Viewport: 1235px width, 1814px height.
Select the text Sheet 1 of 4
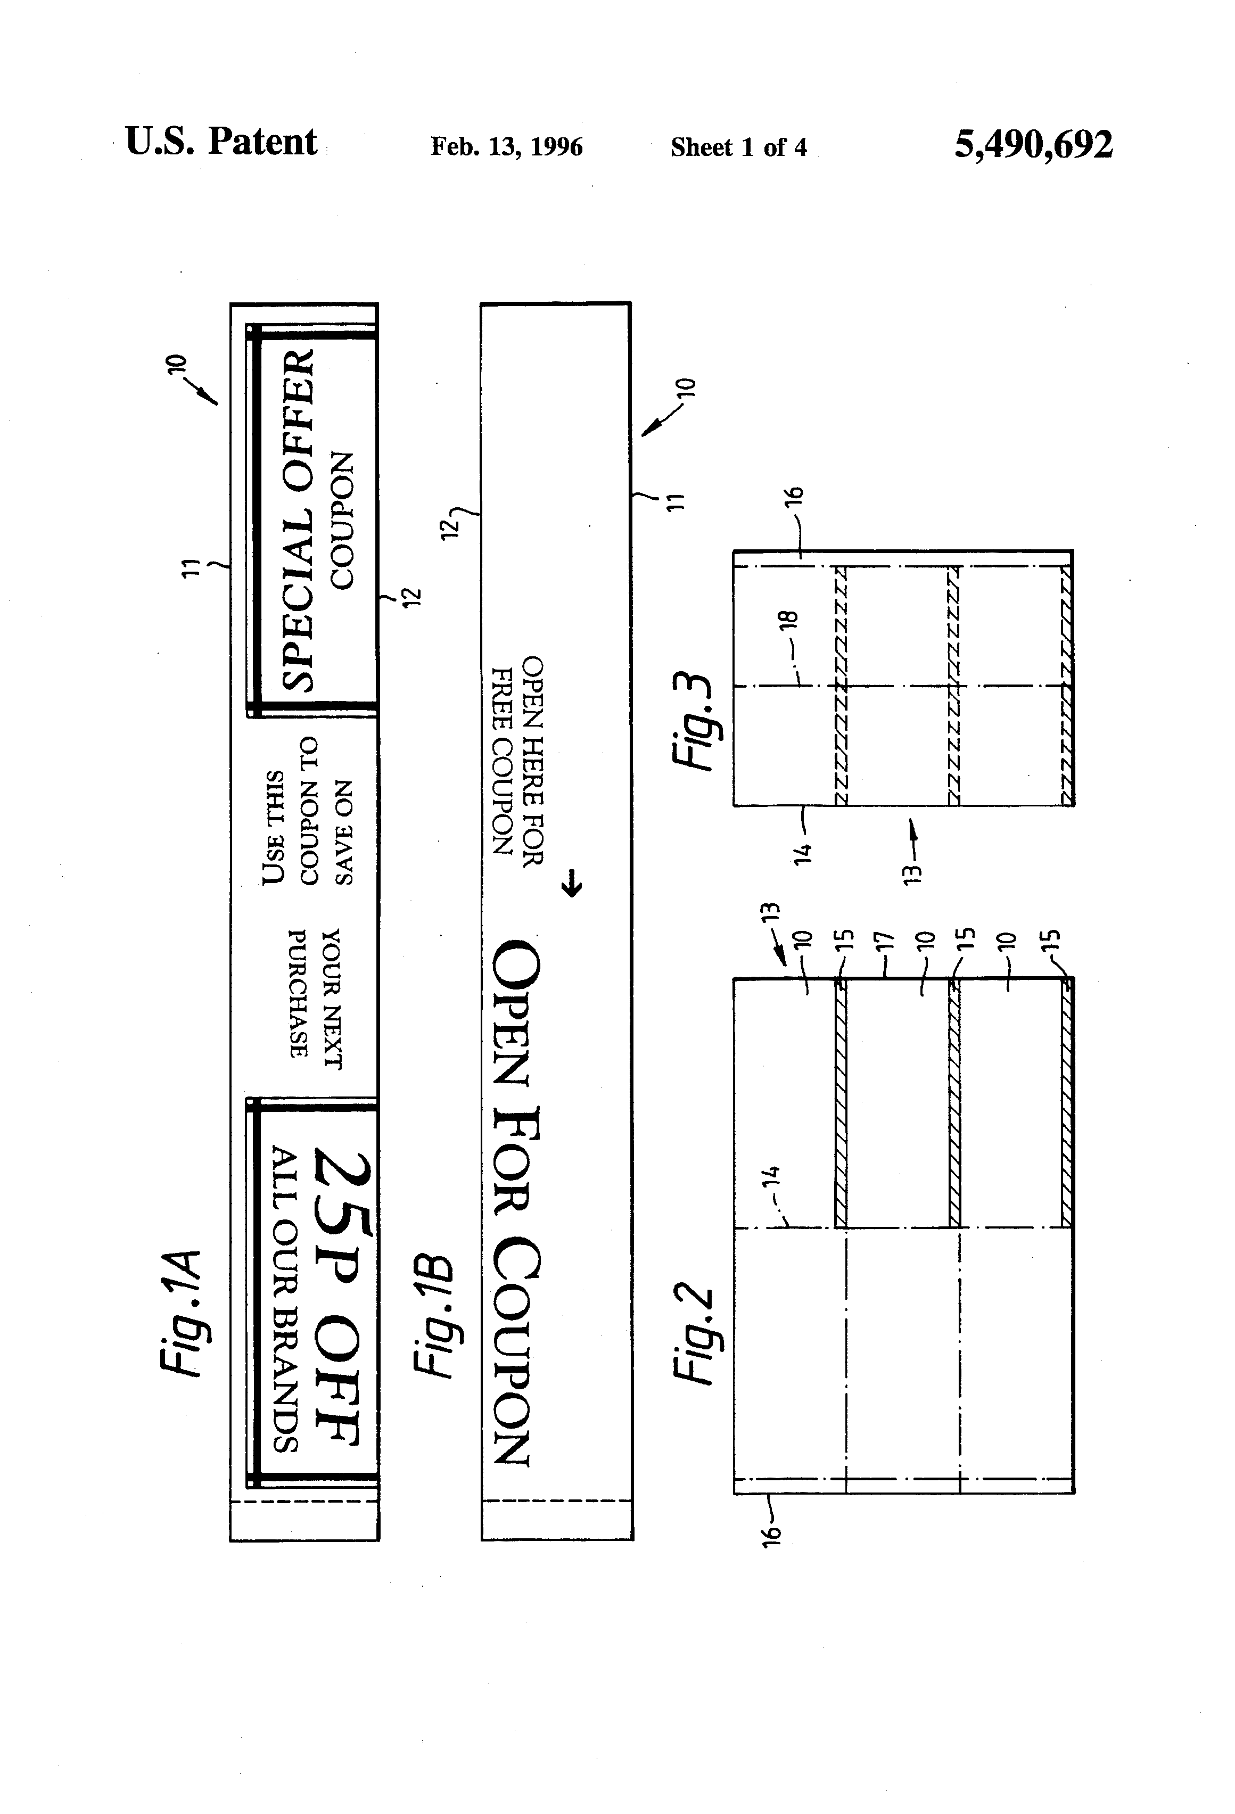(x=738, y=147)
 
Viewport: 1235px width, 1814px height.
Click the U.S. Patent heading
(x=221, y=142)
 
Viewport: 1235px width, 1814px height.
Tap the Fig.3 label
(x=694, y=721)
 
